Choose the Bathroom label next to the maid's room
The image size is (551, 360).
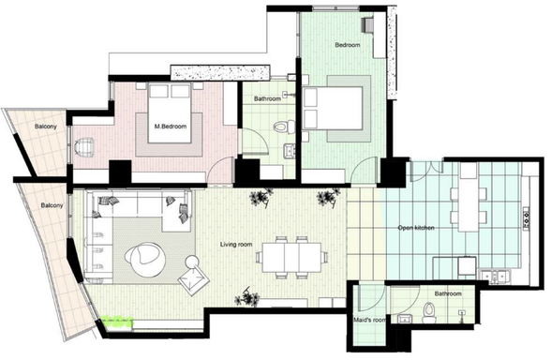pyautogui.click(x=447, y=293)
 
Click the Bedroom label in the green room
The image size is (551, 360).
pyautogui.click(x=348, y=45)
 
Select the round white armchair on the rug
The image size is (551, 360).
pyautogui.click(x=146, y=258)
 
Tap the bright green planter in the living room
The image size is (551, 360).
pyautogui.click(x=120, y=322)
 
